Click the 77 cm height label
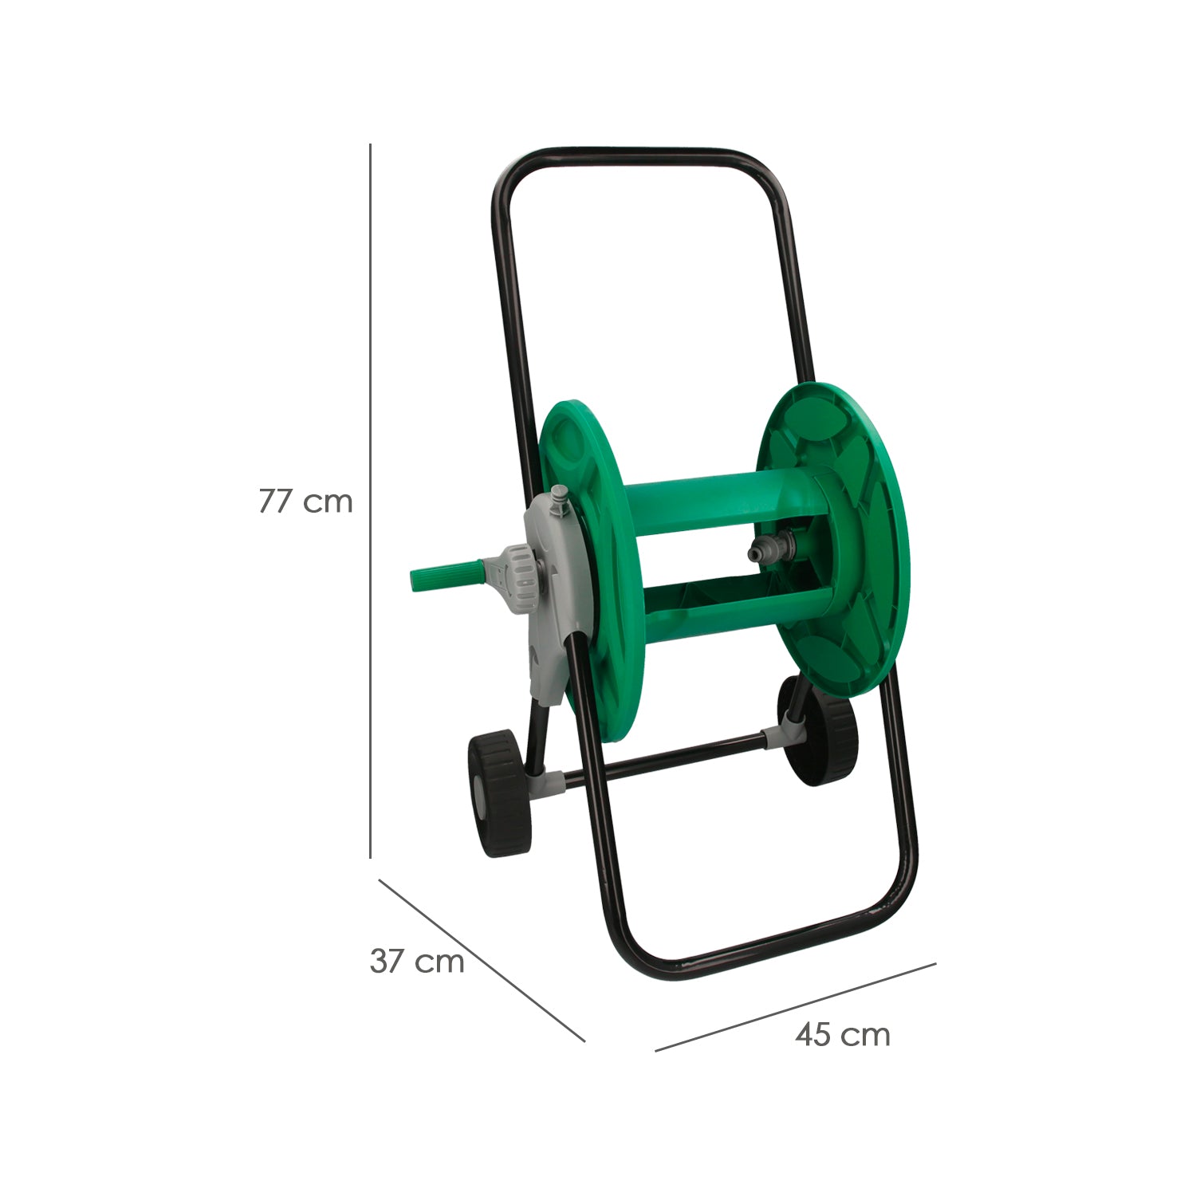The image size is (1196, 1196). pos(305,502)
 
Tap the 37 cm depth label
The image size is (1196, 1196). pos(417,962)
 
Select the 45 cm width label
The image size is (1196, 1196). pos(843,1035)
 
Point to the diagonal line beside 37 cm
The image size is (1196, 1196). pos(482,960)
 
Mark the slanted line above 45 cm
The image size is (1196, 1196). pos(795,1007)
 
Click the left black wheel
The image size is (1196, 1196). pos(498,795)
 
